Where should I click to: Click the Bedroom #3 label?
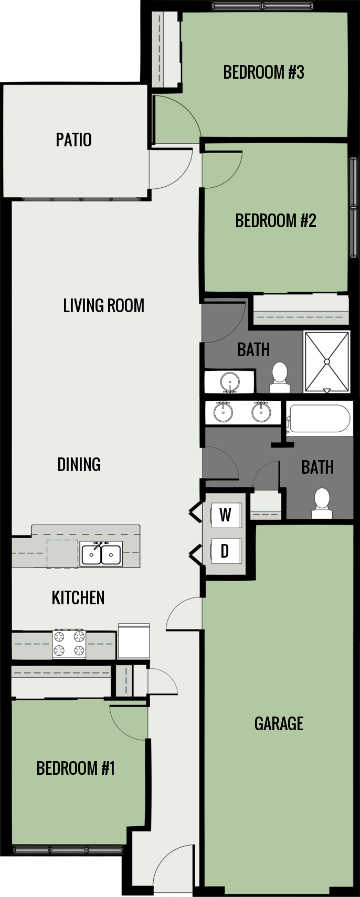[263, 72]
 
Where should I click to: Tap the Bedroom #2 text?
[276, 221]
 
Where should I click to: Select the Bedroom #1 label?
[76, 768]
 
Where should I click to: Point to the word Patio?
[74, 140]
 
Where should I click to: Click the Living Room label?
[103, 306]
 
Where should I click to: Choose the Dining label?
[79, 464]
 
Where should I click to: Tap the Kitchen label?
[78, 597]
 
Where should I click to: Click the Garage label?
[279, 724]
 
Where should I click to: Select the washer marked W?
[226, 515]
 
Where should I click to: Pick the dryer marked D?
[226, 551]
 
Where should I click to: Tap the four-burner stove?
[69, 644]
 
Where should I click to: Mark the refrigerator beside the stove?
[134, 641]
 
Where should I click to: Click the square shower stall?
[327, 361]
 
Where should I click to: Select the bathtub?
[319, 418]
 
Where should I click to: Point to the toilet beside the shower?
[280, 378]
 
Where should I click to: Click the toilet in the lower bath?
[322, 503]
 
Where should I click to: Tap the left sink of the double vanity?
[223, 412]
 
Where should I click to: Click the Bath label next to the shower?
[253, 350]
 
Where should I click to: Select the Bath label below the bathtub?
[317, 467]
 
